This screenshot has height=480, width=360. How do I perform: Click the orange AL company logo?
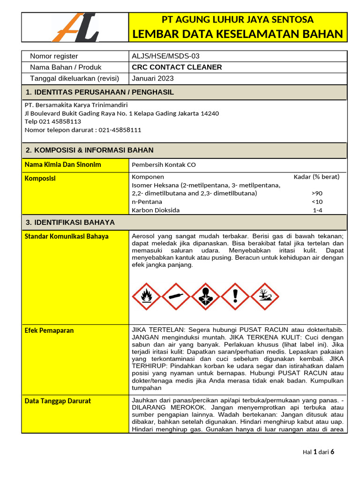coord(75,27)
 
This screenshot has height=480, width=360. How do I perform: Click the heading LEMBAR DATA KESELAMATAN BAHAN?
coord(238,34)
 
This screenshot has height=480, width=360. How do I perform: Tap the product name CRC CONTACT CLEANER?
coord(177,67)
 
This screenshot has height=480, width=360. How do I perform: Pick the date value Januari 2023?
coord(153,78)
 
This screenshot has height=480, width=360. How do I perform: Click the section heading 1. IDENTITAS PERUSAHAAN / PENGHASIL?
coord(99,92)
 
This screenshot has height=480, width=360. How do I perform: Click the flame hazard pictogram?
coord(146,297)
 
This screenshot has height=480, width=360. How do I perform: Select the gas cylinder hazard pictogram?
coord(176,297)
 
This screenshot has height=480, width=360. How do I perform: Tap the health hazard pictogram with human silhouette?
coord(205,297)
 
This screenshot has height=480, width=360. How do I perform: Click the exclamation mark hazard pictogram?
coord(235,297)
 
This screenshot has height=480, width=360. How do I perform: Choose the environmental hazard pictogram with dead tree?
coord(264,297)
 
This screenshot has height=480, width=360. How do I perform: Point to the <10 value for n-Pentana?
coord(317,202)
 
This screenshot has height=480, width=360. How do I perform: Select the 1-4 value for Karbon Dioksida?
coord(317,210)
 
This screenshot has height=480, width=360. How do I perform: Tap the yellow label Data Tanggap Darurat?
coord(58,401)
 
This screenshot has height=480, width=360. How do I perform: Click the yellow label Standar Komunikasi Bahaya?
coord(66,236)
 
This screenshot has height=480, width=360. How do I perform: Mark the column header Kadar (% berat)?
coord(316,177)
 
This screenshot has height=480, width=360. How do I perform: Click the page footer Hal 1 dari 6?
coord(318,452)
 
